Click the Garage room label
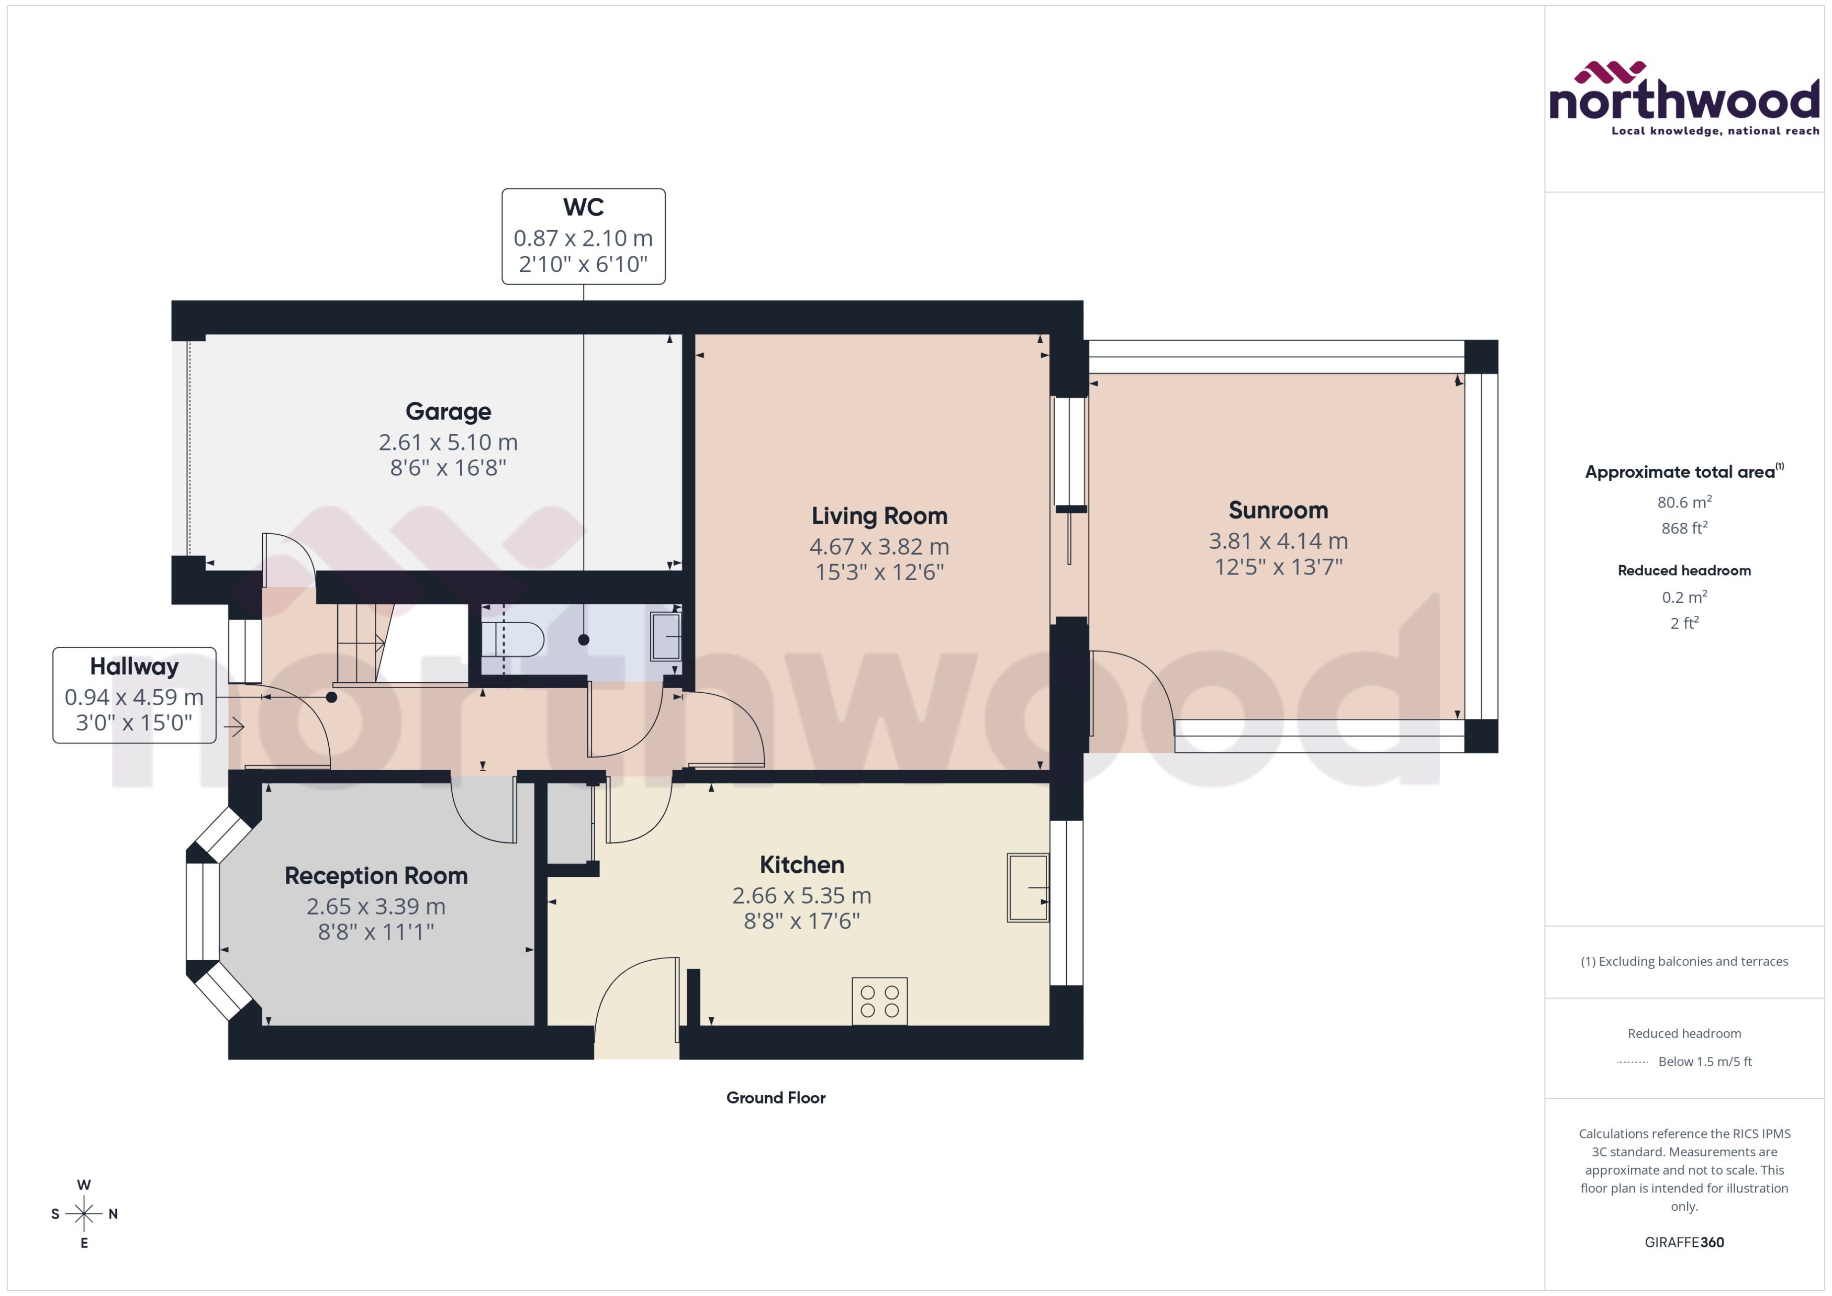[x=448, y=412]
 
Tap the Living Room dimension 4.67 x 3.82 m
[x=879, y=547]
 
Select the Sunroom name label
[x=1278, y=510]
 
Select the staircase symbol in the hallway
[x=363, y=643]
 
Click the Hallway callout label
[x=134, y=667]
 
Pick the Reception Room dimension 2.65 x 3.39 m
[x=376, y=907]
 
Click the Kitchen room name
[x=801, y=865]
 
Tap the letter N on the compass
[x=114, y=1214]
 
